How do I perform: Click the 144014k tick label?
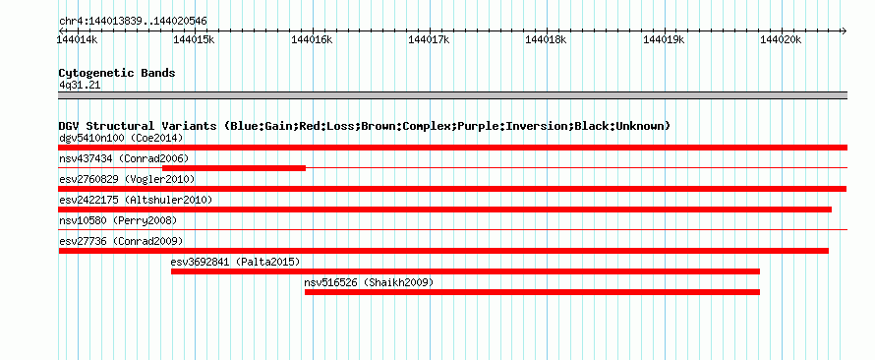(x=78, y=39)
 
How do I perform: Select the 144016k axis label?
(x=312, y=39)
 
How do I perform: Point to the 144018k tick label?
(x=547, y=39)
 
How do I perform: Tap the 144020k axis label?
(x=781, y=39)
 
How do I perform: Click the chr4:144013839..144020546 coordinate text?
(x=133, y=22)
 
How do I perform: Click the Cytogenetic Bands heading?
(x=117, y=73)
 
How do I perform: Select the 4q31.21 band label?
(x=80, y=86)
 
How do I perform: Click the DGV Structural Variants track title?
(x=364, y=126)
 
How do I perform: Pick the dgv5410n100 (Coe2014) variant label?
(x=121, y=138)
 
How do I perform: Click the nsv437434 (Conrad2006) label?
(x=124, y=158)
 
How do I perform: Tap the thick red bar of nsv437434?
(x=234, y=168)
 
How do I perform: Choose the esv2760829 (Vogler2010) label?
(x=127, y=179)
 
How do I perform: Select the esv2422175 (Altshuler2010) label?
(x=136, y=200)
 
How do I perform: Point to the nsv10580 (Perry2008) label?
(x=118, y=221)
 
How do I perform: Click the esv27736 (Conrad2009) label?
(x=121, y=241)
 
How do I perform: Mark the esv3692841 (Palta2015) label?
(x=235, y=262)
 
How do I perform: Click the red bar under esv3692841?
(x=465, y=271)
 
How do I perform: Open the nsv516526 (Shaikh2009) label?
(x=369, y=282)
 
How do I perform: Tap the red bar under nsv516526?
(x=532, y=292)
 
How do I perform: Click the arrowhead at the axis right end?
(x=845, y=30)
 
